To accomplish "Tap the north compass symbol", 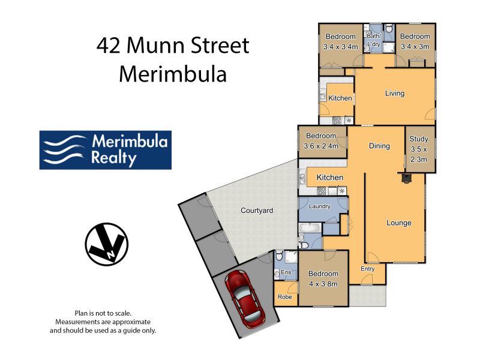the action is [107, 244].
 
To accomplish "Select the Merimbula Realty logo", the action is [106, 150].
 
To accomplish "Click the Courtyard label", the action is [257, 211].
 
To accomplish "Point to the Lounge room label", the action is [398, 223].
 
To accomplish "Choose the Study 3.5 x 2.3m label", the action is [418, 149].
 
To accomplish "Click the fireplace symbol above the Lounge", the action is [406, 178].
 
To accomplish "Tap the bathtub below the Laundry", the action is [310, 228].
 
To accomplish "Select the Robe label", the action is [284, 296].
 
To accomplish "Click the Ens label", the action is [286, 272].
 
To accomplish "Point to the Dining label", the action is [379, 146].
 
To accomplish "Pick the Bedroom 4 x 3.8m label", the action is [323, 278].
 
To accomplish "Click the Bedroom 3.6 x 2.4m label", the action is [321, 141].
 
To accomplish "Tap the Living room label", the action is [395, 93].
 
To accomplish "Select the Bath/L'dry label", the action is [373, 40].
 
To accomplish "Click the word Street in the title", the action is [220, 46].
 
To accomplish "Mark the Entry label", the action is [368, 268].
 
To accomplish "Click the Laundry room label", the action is [320, 206].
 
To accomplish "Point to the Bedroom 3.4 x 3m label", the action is [415, 41].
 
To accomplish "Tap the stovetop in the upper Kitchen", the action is [337, 121].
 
